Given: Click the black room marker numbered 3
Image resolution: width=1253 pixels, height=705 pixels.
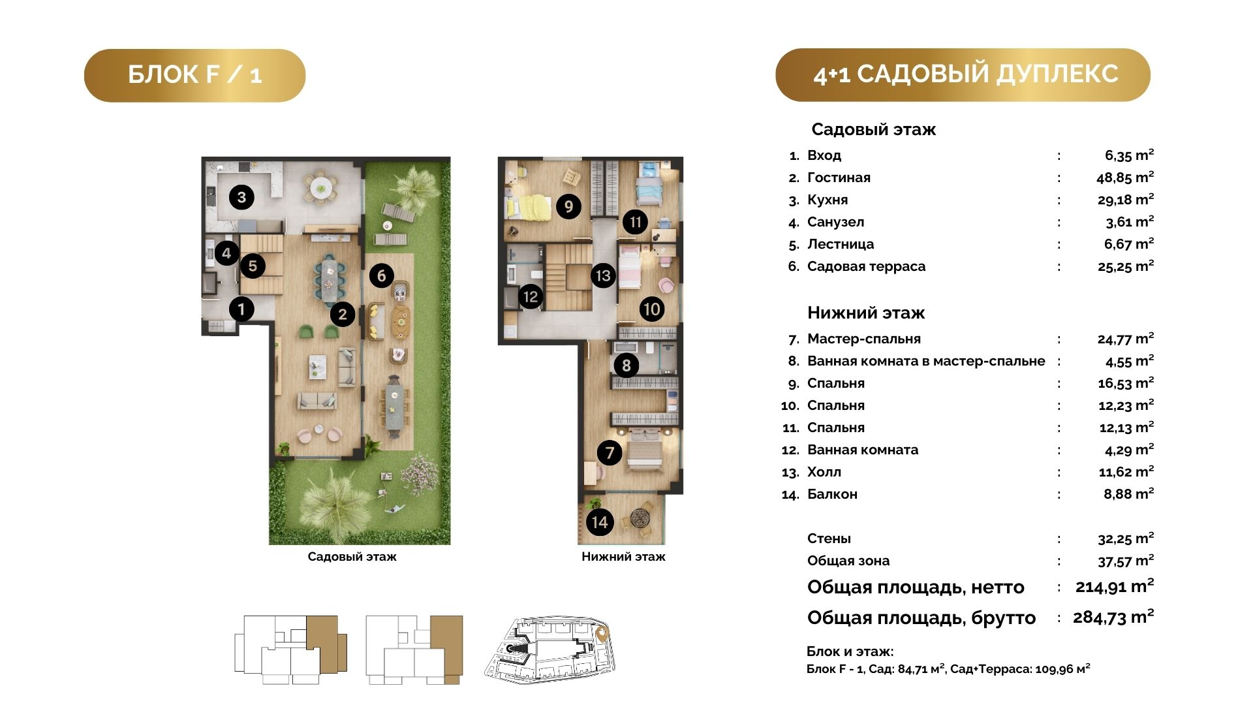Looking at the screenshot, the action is [x=241, y=196].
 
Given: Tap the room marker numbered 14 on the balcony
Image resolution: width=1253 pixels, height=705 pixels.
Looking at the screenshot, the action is [x=600, y=522].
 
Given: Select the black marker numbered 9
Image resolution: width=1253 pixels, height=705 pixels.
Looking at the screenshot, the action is [x=568, y=206].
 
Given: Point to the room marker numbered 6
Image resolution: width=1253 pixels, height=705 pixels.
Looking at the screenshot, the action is [x=382, y=275].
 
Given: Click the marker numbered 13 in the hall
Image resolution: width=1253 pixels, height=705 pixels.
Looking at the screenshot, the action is [x=603, y=275].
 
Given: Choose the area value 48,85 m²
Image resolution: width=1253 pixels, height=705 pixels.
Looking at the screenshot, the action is [x=1125, y=177].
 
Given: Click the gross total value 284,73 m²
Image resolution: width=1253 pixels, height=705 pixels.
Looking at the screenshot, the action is [x=1113, y=617].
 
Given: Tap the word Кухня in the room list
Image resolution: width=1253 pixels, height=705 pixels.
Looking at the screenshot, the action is [x=828, y=200].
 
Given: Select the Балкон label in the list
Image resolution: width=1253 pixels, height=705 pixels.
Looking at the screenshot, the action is [x=832, y=494].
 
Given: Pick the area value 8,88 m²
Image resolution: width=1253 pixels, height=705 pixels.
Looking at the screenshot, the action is [x=1129, y=494].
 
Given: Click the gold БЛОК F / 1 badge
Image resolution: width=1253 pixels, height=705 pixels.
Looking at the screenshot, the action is [x=194, y=75].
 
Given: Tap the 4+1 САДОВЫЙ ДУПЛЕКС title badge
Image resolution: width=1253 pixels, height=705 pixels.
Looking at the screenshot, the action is [x=963, y=74].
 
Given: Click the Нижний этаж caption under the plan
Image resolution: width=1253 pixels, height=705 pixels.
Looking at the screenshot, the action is [x=623, y=557].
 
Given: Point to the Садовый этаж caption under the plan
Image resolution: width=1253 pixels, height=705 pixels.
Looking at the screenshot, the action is [x=352, y=557].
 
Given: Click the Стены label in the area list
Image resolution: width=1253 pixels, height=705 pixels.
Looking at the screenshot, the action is [x=829, y=539].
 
